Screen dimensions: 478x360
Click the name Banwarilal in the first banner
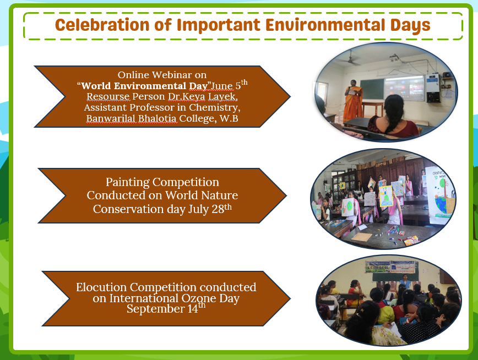pyautogui.click(x=111, y=118)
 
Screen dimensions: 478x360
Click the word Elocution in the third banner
pyautogui.click(x=101, y=287)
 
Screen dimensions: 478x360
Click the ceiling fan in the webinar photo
pyautogui.click(x=351, y=60)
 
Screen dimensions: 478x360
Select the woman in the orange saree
pyautogui.click(x=352, y=101)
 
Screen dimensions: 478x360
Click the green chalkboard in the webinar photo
pyautogui.click(x=372, y=89)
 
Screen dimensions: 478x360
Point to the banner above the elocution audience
pyautogui.click(x=392, y=267)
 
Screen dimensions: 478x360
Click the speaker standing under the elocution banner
pyautogui.click(x=405, y=282)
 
